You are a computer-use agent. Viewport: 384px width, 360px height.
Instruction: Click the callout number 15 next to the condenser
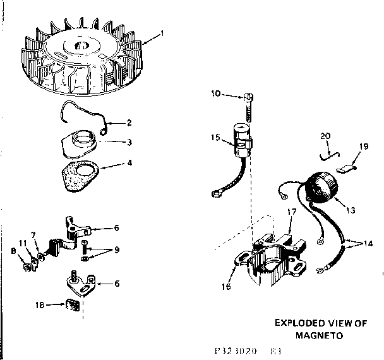(x=216, y=137)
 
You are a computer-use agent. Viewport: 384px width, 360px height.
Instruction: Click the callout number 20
(x=325, y=135)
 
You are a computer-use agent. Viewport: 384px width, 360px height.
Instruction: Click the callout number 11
(x=22, y=243)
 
